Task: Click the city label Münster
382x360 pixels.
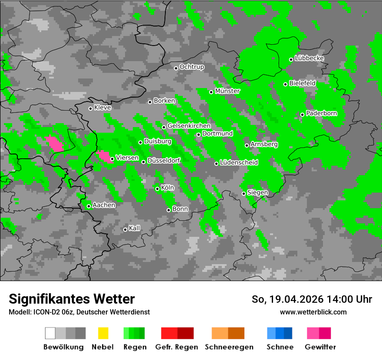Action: pyautogui.click(x=227, y=91)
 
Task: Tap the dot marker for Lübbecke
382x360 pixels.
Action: pyautogui.click(x=291, y=59)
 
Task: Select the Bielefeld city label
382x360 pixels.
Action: pyautogui.click(x=302, y=83)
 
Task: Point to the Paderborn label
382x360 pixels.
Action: pyautogui.click(x=321, y=114)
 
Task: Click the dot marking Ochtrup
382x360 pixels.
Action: pyautogui.click(x=176, y=68)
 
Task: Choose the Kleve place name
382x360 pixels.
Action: pyautogui.click(x=102, y=108)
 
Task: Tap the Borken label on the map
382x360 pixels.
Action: pyautogui.click(x=164, y=101)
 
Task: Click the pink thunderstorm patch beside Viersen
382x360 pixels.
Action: pyautogui.click(x=103, y=156)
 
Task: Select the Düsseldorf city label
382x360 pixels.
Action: pyautogui.click(x=163, y=161)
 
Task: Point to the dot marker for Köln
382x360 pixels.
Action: pyautogui.click(x=157, y=189)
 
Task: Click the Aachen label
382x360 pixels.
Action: pyautogui.click(x=104, y=205)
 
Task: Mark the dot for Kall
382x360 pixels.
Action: pyautogui.click(x=125, y=229)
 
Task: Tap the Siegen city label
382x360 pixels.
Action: pyautogui.click(x=257, y=193)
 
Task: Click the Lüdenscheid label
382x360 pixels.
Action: pyautogui.click(x=239, y=163)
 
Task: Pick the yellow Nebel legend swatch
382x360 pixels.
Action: pyautogui.click(x=103, y=333)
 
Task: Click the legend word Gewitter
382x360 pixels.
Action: pyautogui.click(x=320, y=347)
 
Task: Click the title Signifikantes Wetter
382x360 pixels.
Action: pyautogui.click(x=72, y=299)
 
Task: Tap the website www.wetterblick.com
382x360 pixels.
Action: pyautogui.click(x=313, y=312)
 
